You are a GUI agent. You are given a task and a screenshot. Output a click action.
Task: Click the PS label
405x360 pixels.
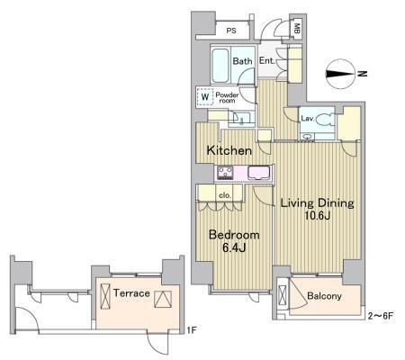pos(231,31)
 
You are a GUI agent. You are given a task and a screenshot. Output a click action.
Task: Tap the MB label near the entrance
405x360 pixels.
pos(297,29)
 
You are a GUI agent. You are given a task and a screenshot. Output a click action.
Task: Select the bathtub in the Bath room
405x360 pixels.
pos(220,65)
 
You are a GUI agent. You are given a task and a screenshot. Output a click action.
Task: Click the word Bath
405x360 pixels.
pos(242,61)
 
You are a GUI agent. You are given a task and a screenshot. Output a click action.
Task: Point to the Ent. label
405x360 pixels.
pos(267,61)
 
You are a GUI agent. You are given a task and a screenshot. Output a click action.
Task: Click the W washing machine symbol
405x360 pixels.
pos(205,97)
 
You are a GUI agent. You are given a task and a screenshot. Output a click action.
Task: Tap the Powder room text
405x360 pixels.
pos(227,98)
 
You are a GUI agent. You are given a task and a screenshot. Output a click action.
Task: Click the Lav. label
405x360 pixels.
pos(307,119)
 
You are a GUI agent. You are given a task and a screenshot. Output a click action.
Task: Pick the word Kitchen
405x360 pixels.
pos(229,150)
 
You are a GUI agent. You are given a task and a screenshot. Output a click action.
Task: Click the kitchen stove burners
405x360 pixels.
pos(225,173)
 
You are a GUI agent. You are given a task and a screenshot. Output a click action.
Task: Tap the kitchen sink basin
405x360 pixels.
pos(259,174)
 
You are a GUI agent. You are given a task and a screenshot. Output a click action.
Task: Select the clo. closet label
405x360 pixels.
pos(225,195)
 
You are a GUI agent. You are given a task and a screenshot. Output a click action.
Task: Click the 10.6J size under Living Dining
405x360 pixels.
pos(318,215)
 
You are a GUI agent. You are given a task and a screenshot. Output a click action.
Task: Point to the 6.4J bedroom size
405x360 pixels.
pos(234,247)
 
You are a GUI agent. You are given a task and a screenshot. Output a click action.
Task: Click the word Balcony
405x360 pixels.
pos(324,296)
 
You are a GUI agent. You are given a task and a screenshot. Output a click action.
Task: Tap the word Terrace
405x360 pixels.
pos(131,293)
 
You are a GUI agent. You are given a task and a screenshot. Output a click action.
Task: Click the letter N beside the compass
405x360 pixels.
pos(363,74)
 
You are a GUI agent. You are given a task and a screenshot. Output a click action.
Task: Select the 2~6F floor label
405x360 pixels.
pos(381,316)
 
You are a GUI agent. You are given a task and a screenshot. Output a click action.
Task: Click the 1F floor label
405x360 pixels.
pos(192,330)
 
